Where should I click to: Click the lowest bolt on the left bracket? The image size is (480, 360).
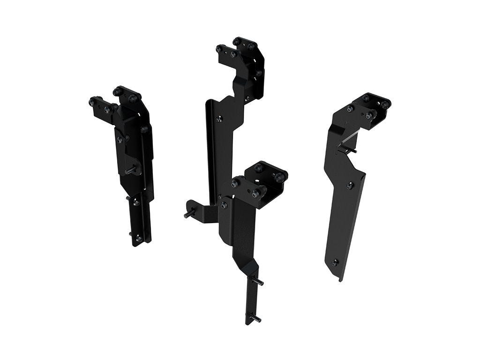click(x=138, y=239)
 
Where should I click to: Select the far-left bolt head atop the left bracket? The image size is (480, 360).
click(x=92, y=101)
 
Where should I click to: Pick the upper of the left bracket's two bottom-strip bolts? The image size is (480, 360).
click(x=136, y=202)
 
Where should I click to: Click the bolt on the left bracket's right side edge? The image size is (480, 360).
click(x=145, y=129)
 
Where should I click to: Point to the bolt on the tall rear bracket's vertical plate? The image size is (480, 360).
click(x=218, y=119)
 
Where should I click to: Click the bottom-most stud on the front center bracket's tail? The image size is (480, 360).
click(x=257, y=319)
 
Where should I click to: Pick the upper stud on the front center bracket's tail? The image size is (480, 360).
click(x=259, y=282)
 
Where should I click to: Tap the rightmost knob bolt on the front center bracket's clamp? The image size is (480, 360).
click(x=280, y=177)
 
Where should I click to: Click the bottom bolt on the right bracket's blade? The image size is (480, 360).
click(x=335, y=262)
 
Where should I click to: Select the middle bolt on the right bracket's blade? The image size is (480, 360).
click(x=349, y=186)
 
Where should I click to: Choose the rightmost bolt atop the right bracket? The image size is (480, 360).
click(x=385, y=105)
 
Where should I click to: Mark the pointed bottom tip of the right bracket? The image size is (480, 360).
click(x=341, y=280)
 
